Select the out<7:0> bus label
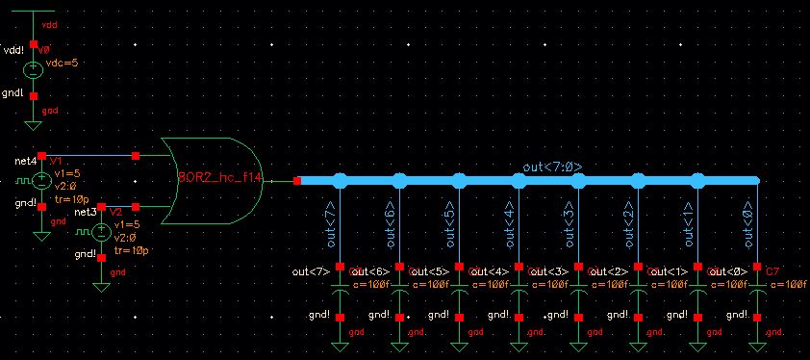552,167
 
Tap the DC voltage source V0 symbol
34,69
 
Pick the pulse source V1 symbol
41,180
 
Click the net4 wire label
25,160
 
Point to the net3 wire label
86,210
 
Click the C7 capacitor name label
771,272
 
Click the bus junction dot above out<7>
340,180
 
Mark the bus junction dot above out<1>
697,180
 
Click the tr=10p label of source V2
131,250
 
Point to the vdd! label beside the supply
16,49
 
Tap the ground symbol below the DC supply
34,123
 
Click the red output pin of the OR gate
297,180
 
